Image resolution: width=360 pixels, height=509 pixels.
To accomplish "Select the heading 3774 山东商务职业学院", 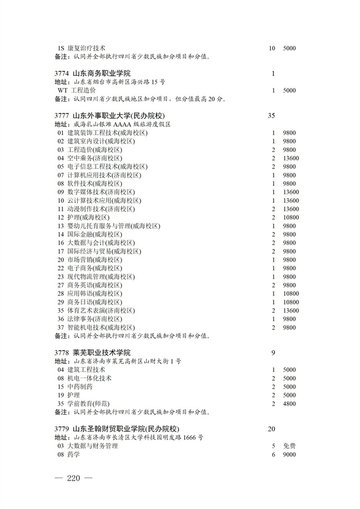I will click(93, 73).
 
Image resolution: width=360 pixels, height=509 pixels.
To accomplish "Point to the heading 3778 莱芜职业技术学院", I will click(93, 352).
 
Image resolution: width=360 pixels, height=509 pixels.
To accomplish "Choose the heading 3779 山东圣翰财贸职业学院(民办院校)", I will click(117, 428).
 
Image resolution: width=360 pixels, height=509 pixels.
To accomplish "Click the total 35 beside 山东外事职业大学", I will click(272, 115).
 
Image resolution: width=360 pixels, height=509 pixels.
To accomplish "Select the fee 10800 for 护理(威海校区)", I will click(291, 217).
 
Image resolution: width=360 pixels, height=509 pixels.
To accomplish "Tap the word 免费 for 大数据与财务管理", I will click(289, 446).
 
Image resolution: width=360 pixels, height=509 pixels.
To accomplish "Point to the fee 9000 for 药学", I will click(289, 454).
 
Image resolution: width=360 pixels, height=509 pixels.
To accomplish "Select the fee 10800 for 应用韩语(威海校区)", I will click(291, 293).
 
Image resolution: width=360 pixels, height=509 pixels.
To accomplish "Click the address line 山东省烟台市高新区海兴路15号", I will click(119, 82).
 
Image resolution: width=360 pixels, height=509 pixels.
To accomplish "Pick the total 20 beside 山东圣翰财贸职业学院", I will click(272, 428).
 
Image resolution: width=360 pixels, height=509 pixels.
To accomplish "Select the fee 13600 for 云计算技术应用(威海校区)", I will click(291, 200).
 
